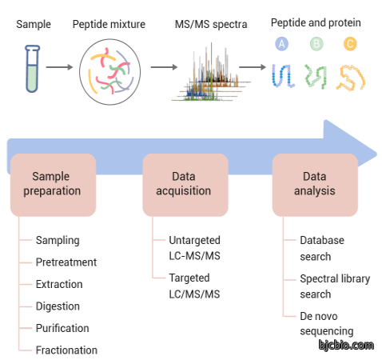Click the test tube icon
[x=32, y=69]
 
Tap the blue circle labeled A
[x=281, y=44]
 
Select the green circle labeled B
[x=316, y=44]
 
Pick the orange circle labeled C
[x=350, y=44]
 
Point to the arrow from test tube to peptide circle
[x=59, y=67]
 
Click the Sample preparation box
[x=53, y=185]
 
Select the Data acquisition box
[x=185, y=185]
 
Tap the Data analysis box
[x=315, y=185]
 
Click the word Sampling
[x=58, y=241]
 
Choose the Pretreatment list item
[x=66, y=262]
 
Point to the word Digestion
[x=58, y=306]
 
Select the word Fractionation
[x=66, y=350]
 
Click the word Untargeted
[x=194, y=241]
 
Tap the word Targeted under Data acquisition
[x=189, y=278]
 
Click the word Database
[x=322, y=240]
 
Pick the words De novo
[x=319, y=316]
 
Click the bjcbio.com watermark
[x=346, y=345]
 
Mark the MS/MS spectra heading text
[x=211, y=24]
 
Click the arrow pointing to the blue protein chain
[x=253, y=67]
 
